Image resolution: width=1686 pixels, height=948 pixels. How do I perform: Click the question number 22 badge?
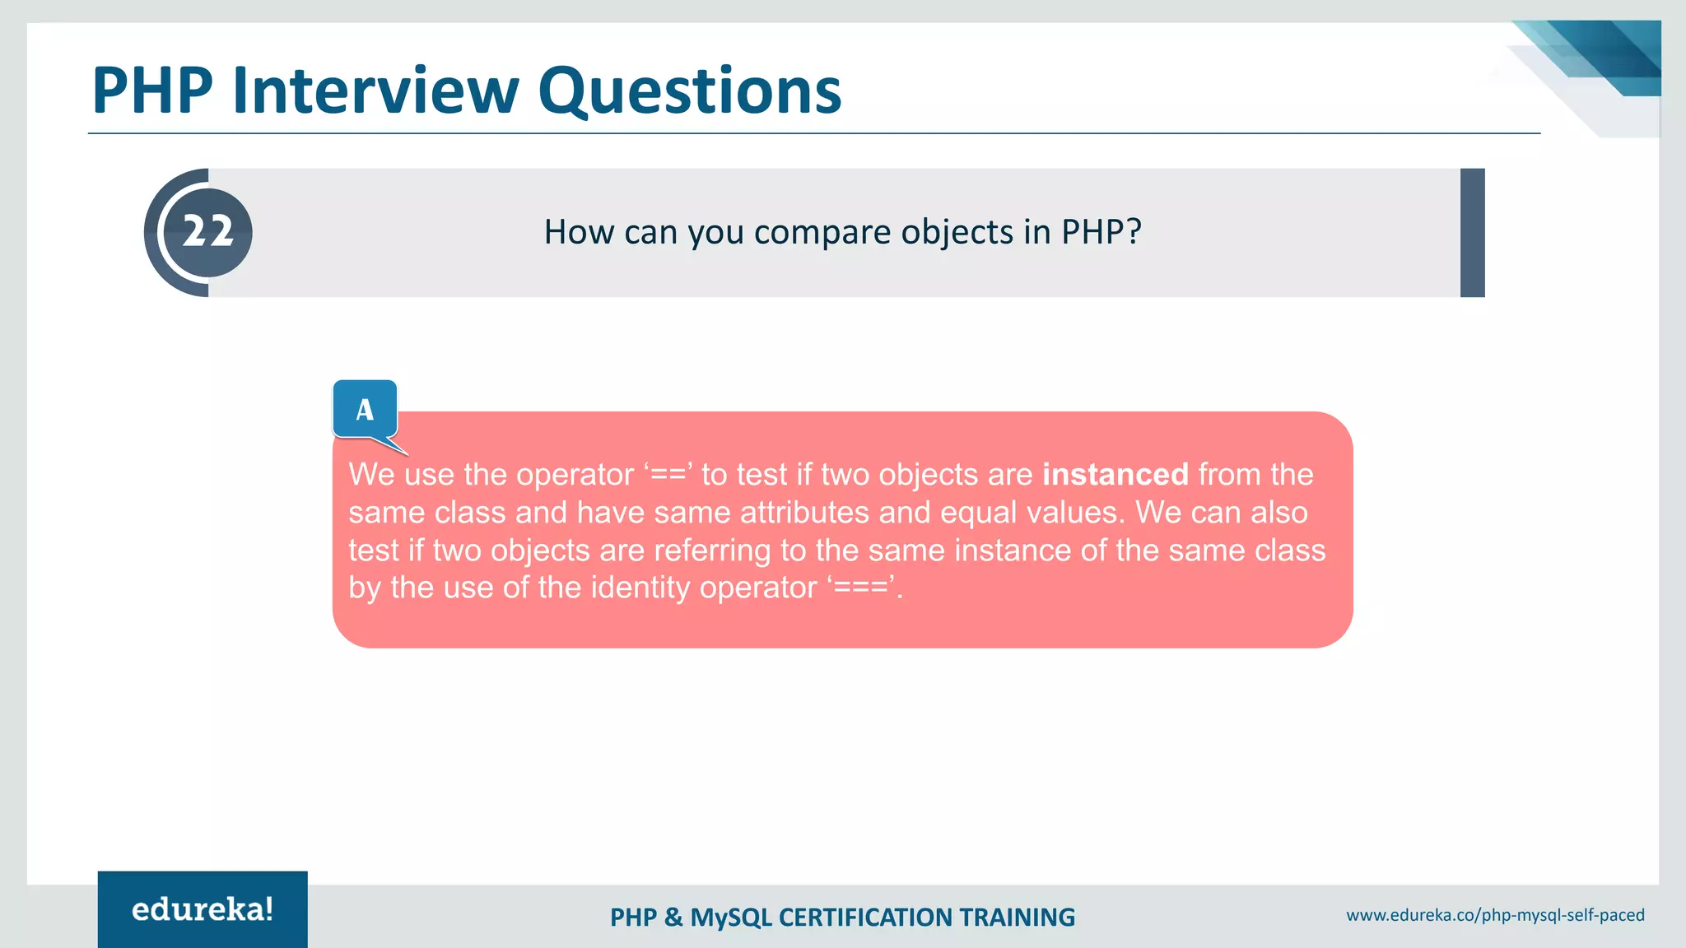click(207, 232)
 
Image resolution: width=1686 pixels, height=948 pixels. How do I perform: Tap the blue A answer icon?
click(365, 409)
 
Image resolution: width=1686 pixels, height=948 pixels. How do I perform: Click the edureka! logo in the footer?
click(203, 909)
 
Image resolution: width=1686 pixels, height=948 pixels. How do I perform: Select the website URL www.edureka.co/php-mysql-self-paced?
click(1495, 915)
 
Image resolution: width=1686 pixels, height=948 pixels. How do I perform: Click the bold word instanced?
click(1115, 475)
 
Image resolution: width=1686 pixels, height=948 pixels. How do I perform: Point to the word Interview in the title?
click(375, 90)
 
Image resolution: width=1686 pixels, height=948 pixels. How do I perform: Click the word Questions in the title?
click(690, 90)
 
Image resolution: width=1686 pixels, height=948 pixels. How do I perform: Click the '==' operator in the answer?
click(668, 475)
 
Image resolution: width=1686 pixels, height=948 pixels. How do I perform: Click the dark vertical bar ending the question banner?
click(1472, 233)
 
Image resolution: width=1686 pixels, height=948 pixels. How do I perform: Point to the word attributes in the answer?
click(804, 513)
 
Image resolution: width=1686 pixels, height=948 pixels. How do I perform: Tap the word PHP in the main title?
click(152, 90)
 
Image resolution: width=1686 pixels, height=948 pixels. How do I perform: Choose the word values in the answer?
click(1074, 513)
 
